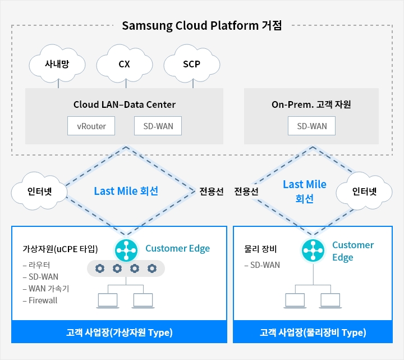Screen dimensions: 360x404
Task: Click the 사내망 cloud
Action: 57,64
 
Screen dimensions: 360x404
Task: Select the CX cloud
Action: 125,64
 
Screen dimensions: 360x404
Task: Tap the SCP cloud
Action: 192,64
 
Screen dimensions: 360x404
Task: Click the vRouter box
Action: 91,126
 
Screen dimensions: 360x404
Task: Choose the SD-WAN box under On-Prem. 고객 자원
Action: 312,126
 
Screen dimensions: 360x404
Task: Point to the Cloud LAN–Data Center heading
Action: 125,104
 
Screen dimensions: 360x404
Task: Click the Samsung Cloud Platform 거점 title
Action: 201,25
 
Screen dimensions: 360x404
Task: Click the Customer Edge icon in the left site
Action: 126,249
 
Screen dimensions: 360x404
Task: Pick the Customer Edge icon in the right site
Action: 313,249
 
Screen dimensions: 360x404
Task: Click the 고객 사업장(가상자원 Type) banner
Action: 119,332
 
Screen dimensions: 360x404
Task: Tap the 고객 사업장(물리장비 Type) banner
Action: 313,332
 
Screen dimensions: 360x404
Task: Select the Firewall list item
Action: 40,300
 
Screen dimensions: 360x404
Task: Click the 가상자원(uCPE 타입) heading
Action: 60,248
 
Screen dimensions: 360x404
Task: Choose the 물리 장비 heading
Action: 261,248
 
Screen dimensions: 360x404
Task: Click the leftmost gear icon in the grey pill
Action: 100,268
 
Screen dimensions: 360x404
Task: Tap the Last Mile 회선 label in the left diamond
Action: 126,191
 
